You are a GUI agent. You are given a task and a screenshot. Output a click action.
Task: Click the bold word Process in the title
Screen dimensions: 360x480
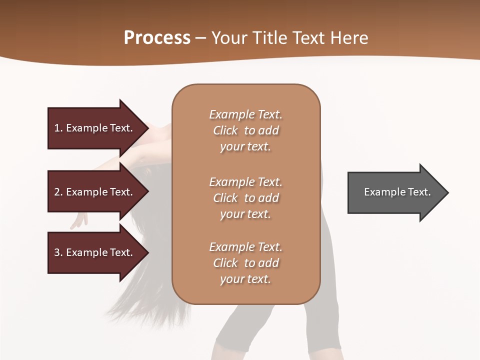(157, 38)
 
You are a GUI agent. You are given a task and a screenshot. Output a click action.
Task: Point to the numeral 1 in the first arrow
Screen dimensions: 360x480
(57, 128)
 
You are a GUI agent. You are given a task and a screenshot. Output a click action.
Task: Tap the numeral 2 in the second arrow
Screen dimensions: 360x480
(57, 192)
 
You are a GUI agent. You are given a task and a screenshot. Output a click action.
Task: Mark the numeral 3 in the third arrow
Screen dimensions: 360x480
(57, 252)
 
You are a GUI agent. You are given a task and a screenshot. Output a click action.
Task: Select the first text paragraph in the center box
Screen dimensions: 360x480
(245, 130)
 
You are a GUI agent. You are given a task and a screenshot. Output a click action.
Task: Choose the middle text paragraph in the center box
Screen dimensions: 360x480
(245, 198)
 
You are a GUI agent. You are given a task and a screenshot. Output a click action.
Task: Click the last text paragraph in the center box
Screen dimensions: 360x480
(245, 263)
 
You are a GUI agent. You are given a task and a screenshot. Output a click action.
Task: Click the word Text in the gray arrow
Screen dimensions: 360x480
(419, 192)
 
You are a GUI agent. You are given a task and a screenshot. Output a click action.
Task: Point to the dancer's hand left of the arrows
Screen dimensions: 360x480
(78, 220)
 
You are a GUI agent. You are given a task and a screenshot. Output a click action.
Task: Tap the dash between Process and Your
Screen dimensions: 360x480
(201, 38)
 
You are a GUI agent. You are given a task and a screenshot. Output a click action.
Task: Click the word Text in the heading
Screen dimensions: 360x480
(308, 38)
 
